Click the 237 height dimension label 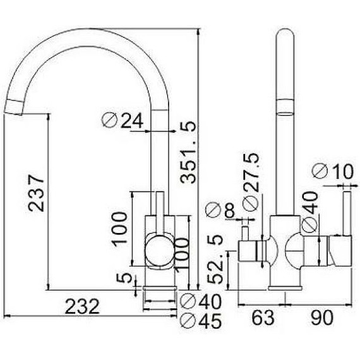36,193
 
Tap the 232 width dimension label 82,306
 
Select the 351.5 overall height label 188,152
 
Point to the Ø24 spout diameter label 123,120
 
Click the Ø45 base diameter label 201,320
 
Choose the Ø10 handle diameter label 332,171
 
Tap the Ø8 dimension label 220,210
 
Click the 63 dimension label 263,318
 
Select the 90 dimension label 321,318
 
